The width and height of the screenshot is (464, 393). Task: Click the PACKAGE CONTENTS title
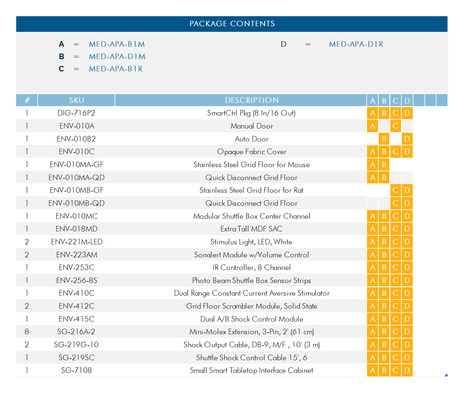coord(232,24)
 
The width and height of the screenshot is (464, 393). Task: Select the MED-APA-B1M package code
coord(117,44)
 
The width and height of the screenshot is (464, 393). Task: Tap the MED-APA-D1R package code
coord(356,44)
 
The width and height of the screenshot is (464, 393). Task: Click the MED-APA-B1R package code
coord(116,69)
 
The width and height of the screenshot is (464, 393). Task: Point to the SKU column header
coord(76,100)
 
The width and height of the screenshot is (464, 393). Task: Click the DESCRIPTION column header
coord(252,100)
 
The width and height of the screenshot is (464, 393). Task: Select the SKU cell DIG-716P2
coord(76,113)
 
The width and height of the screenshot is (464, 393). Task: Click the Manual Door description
coord(252,126)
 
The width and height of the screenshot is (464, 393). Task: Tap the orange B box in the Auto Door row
coord(384,139)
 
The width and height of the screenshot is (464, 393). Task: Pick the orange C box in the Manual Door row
coord(396,126)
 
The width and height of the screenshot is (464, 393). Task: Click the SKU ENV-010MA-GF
coord(76,165)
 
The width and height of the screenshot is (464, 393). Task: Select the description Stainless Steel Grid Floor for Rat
coord(251,190)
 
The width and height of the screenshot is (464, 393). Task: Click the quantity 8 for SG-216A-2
coord(27,332)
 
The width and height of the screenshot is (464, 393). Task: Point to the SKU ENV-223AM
coord(76,255)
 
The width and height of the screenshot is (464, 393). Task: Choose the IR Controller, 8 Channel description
coord(251,267)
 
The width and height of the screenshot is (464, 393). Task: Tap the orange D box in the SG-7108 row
coord(407,370)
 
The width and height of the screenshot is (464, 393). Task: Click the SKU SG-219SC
coord(76,358)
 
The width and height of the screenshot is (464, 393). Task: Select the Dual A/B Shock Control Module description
coord(251,319)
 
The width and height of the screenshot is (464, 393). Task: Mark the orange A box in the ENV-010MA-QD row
coord(372,178)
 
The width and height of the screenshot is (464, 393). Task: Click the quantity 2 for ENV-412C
coord(27,306)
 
